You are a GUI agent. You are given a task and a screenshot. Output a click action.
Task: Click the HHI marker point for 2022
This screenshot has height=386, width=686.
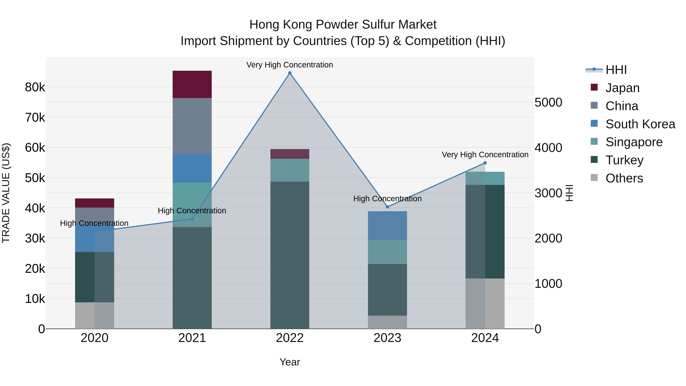click(x=290, y=73)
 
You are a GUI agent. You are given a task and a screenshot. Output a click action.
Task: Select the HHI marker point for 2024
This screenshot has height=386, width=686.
click(x=485, y=163)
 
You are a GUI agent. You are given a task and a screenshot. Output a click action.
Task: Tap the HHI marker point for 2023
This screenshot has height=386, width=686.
click(x=387, y=207)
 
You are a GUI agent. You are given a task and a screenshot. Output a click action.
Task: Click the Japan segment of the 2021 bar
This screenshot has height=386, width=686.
click(x=192, y=84)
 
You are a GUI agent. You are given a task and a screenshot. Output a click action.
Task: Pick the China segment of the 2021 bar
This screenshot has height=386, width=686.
click(x=192, y=126)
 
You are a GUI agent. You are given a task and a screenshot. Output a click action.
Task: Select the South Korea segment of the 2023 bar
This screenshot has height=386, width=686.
click(x=387, y=226)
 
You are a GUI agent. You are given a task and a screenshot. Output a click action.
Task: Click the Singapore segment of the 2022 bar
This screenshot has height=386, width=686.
click(x=290, y=170)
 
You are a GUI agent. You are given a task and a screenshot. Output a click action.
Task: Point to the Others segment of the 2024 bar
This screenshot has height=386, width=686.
click(x=485, y=303)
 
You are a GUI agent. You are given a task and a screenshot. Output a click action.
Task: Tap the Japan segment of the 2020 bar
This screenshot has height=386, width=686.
click(x=95, y=203)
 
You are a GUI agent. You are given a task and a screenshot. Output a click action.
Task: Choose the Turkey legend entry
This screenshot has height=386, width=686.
click(x=624, y=160)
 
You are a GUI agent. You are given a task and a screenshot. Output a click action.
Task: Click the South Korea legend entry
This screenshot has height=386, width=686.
click(x=640, y=124)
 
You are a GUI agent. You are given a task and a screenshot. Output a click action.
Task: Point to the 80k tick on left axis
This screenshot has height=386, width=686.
click(x=35, y=87)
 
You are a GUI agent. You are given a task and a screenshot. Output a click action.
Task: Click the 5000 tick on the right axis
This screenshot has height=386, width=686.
click(x=548, y=102)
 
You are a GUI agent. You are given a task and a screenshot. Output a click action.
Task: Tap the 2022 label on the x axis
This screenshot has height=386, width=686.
click(x=290, y=338)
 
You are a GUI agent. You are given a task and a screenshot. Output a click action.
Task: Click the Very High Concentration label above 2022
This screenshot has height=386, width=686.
click(x=290, y=65)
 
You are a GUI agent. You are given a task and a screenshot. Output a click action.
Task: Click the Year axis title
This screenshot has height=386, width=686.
click(x=290, y=362)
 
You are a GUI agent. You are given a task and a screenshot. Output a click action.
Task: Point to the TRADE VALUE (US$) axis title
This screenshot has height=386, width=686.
click(x=6, y=193)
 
